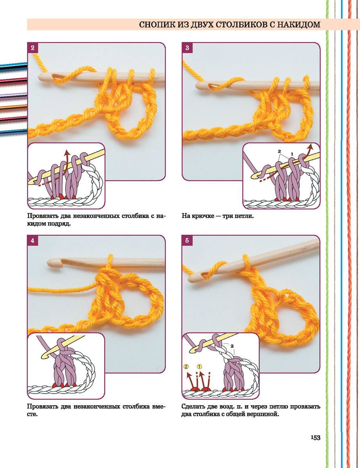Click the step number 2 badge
(33, 48)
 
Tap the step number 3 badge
(187, 48)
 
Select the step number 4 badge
(33, 240)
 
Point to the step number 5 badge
(187, 240)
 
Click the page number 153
(316, 438)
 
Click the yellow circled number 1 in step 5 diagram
(199, 366)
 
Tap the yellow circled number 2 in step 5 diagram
(186, 366)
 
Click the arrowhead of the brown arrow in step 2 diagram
(67, 153)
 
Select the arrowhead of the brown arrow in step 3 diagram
(310, 147)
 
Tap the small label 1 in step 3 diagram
(292, 154)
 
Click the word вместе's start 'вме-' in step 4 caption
(158, 407)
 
